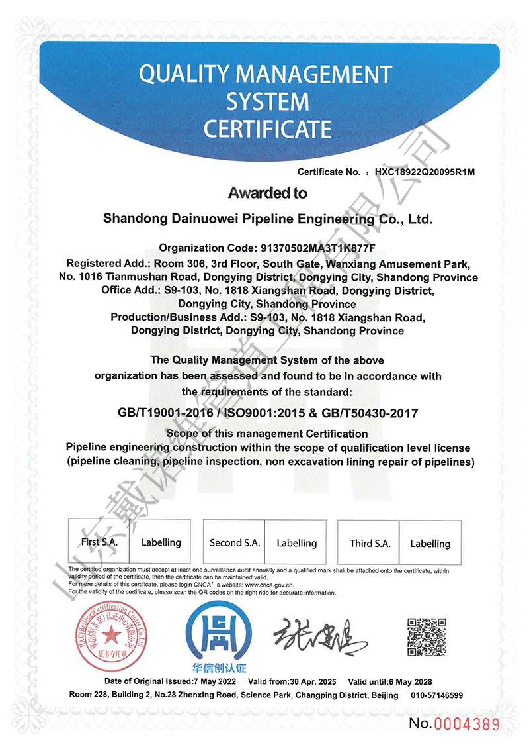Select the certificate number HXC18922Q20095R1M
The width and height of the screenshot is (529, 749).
point(425,172)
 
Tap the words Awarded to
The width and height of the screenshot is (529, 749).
point(268,193)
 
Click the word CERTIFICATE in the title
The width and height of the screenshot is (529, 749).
point(267,128)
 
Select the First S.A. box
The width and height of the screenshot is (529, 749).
point(100,542)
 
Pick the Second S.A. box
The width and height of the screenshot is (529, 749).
point(235,543)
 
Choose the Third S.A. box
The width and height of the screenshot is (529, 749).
point(370,544)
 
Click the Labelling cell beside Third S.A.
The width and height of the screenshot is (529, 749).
point(430,544)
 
